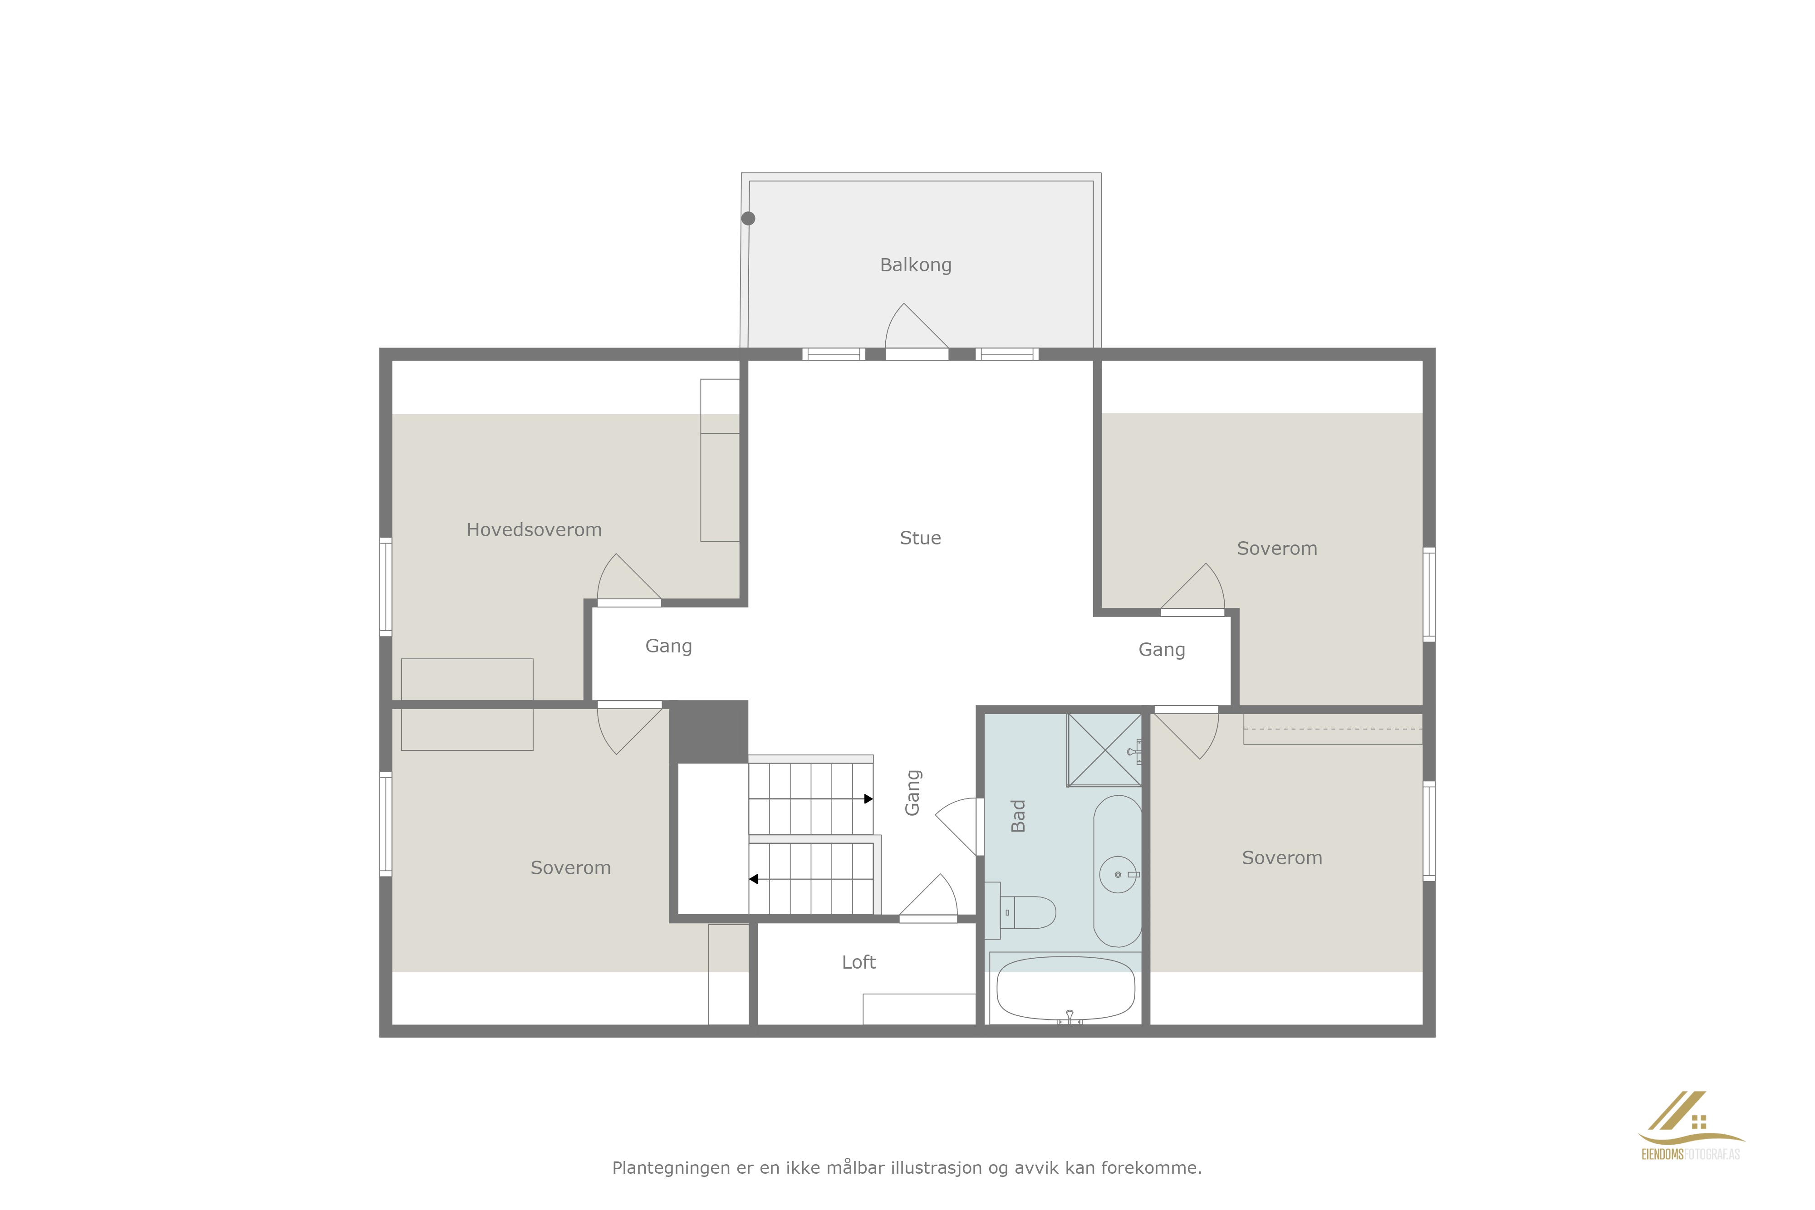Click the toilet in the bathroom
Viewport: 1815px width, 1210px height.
point(1020,912)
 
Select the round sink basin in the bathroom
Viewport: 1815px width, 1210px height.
point(1118,874)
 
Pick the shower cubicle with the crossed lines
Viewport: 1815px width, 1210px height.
point(1104,750)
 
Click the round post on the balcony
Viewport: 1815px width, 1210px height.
point(748,218)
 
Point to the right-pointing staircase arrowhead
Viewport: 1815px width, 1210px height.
point(868,799)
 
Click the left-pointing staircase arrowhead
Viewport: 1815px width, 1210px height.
point(753,879)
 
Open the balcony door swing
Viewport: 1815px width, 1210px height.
point(916,326)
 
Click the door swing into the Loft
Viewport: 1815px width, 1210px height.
point(928,895)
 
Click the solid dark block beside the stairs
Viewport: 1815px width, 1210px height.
point(708,731)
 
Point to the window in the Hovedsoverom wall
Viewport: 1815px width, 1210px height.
point(385,587)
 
